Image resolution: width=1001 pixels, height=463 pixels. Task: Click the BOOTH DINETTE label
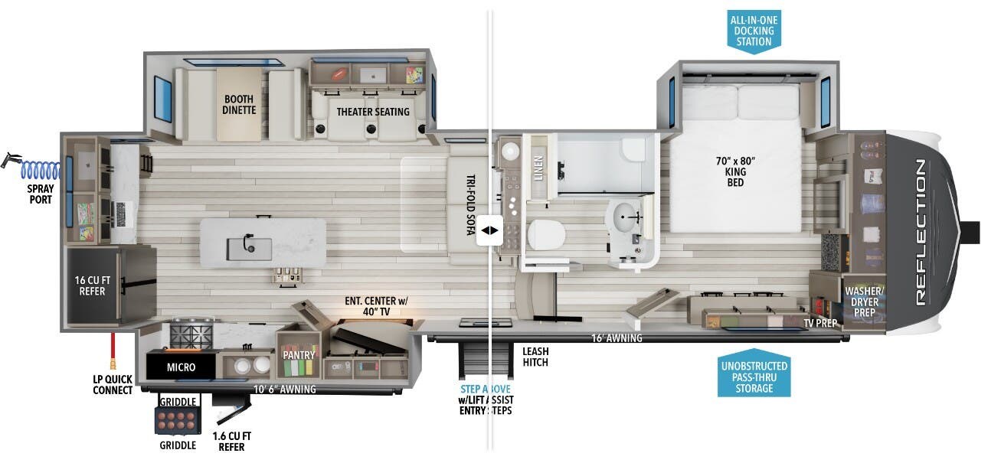239,105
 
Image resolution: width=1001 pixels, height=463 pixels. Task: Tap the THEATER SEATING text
373,112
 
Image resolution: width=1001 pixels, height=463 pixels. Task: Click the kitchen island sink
249,247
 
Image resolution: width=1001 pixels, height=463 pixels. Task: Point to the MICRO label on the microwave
181,367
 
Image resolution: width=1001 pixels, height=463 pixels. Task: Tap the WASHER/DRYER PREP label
864,302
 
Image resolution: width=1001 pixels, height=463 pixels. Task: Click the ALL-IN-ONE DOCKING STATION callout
754,31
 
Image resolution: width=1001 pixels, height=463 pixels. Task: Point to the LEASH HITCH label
536,357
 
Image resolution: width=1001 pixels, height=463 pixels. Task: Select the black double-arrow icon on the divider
489,230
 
